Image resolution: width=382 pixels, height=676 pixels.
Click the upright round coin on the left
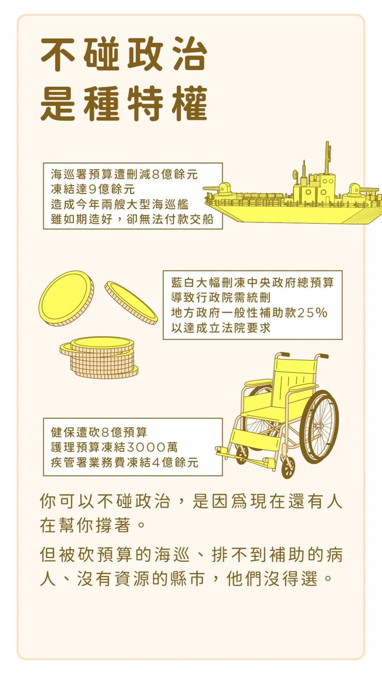(x=66, y=298)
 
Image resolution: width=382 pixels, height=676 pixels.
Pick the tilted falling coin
(x=131, y=302)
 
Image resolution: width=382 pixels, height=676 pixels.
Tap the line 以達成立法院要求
(x=221, y=328)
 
